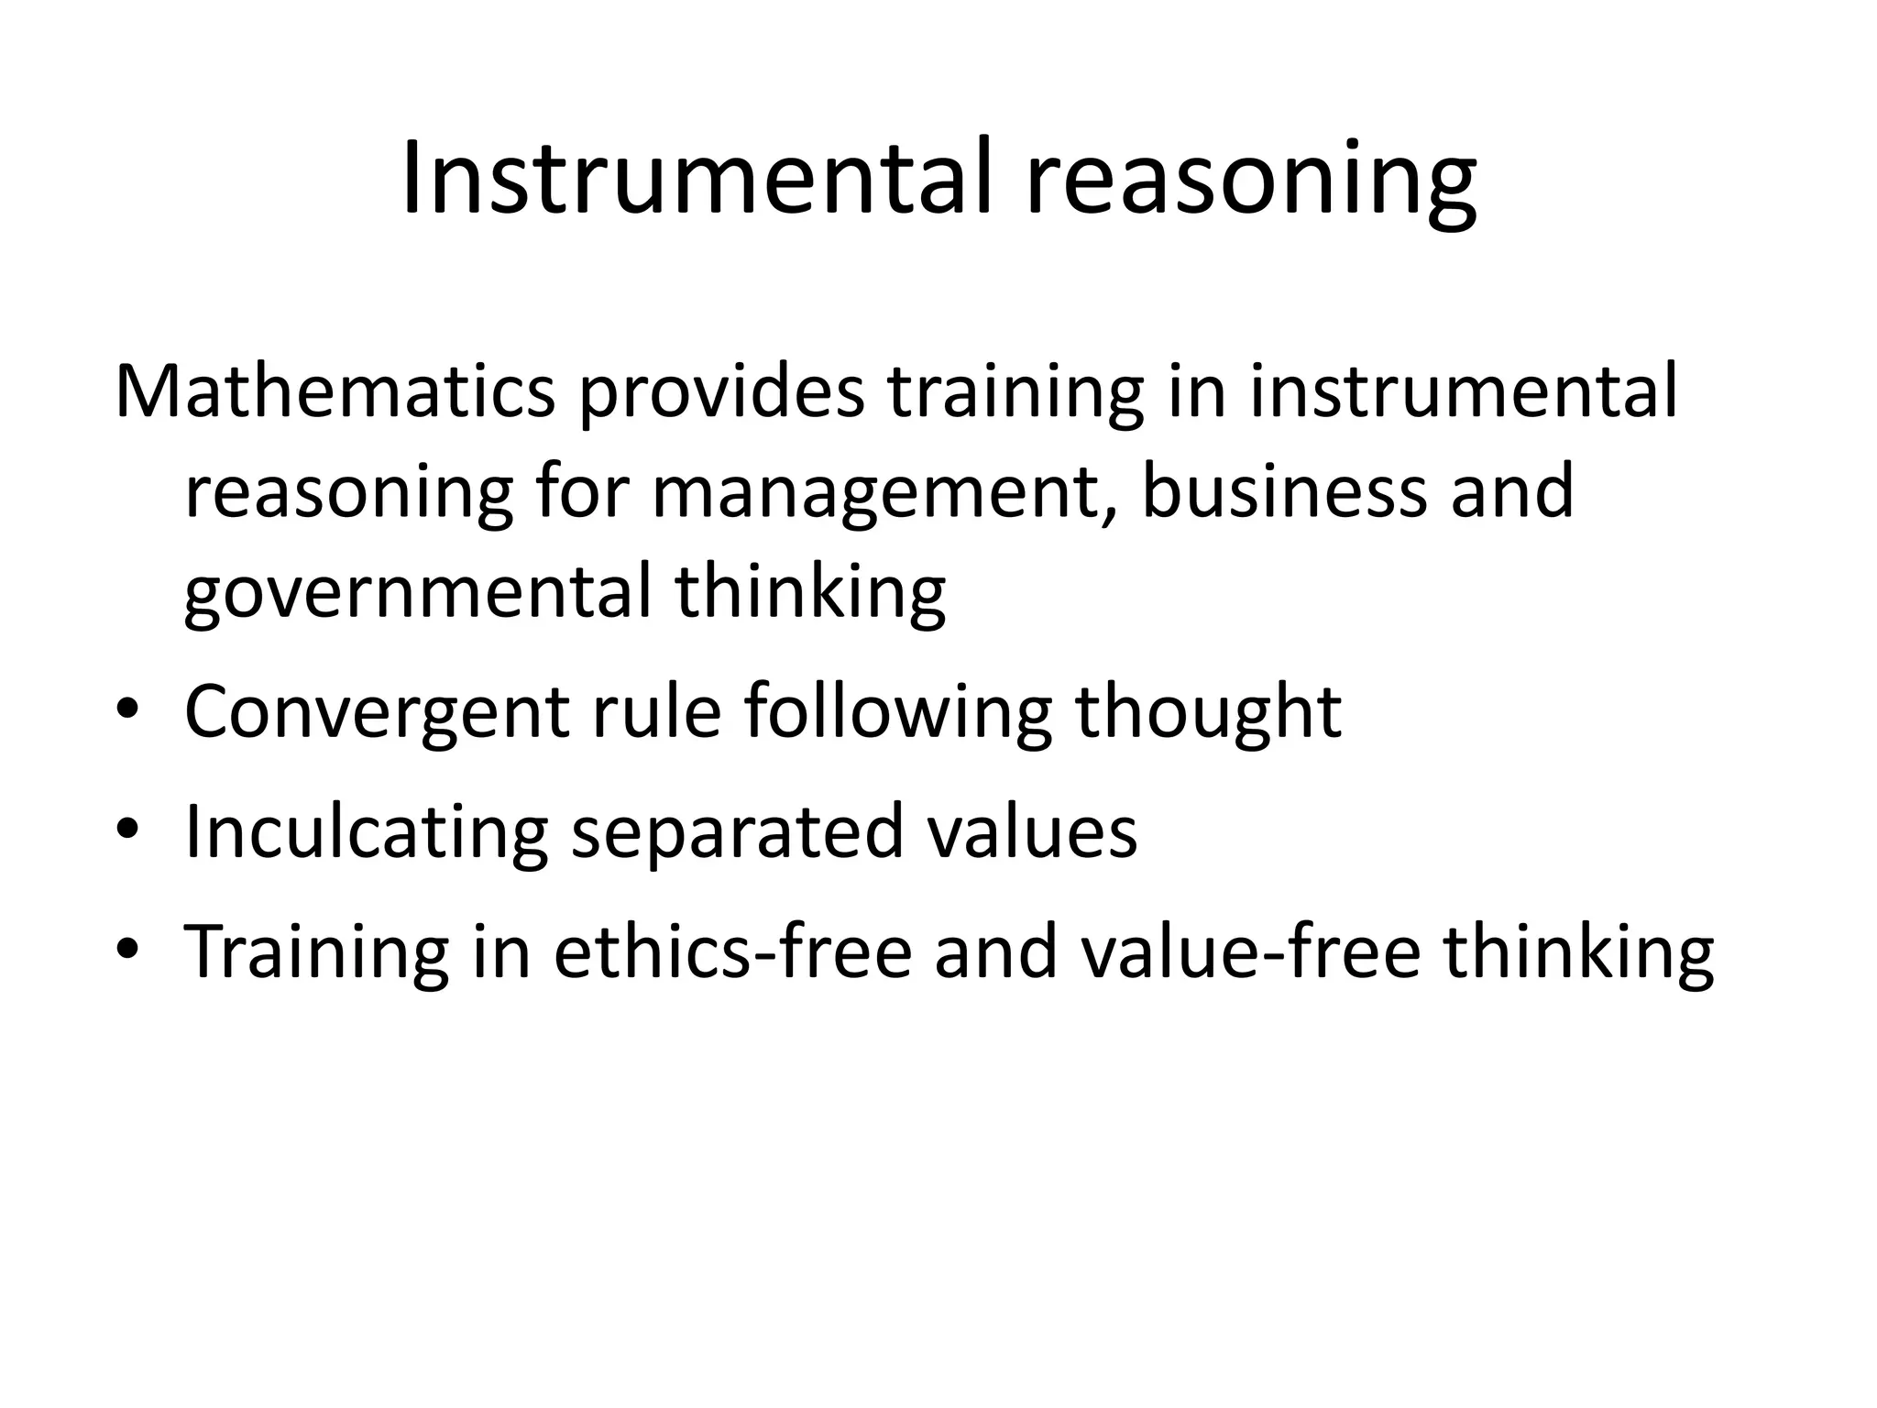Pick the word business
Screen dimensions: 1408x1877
coord(1283,490)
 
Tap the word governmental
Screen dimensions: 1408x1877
coord(417,591)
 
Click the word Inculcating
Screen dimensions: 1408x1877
coord(366,831)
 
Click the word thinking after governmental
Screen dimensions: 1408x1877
coord(810,591)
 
